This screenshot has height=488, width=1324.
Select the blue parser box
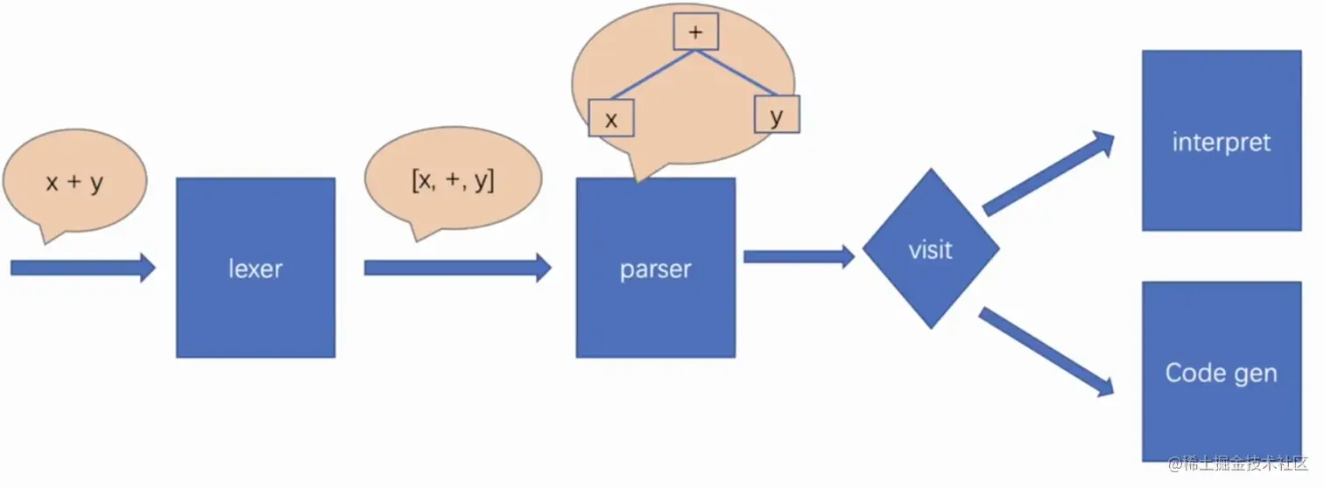pos(655,306)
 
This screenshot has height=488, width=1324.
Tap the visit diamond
pos(930,249)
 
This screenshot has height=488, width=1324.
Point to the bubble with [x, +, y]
pos(452,180)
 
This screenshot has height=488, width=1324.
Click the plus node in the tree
pos(696,32)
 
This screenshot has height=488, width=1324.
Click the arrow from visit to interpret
pos(1049,174)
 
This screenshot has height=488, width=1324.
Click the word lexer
pos(255,268)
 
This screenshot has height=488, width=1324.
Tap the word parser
pos(655,268)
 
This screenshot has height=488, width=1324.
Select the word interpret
pos(1221,143)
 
